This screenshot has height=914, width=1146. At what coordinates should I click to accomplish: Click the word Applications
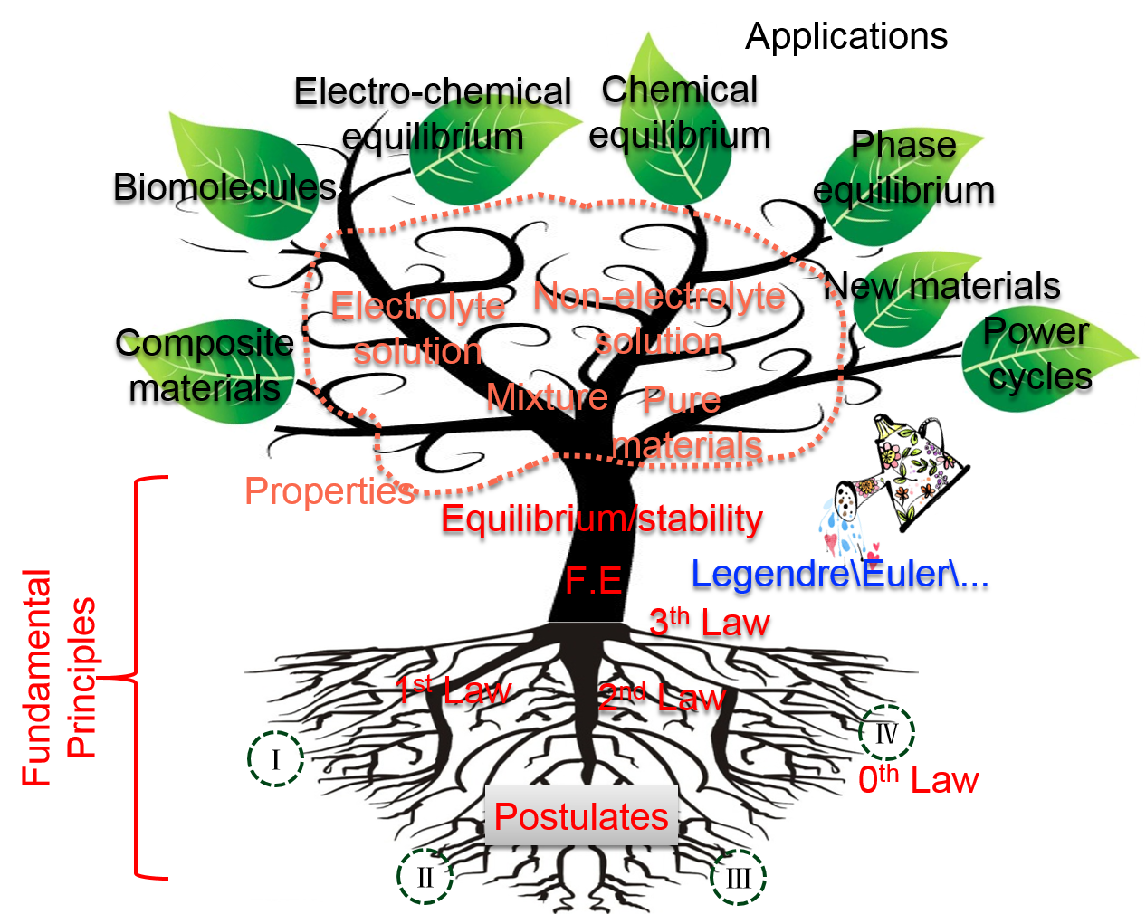click(x=846, y=37)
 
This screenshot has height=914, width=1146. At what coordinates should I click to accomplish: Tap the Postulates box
click(x=581, y=816)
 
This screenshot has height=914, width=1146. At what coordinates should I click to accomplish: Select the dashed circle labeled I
click(x=275, y=758)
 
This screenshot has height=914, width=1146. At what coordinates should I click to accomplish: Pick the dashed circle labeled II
click(x=425, y=876)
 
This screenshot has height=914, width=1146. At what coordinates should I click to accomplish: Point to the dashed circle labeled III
click(x=739, y=877)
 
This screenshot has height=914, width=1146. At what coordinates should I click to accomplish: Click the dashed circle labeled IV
click(x=886, y=732)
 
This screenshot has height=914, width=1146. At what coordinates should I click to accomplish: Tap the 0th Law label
click(x=918, y=779)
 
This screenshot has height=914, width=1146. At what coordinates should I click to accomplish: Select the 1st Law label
click(x=453, y=691)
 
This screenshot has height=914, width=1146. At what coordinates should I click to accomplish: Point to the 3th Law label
click(x=710, y=623)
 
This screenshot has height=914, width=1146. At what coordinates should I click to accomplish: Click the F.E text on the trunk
click(x=593, y=580)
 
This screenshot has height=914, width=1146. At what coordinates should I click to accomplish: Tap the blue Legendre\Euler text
click(x=839, y=574)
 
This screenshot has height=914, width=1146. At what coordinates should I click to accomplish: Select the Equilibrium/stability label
click(x=602, y=519)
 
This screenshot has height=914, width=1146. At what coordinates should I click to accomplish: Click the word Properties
click(x=329, y=491)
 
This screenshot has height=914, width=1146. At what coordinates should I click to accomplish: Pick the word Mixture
click(x=547, y=397)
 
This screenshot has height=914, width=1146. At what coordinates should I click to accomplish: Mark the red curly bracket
click(x=138, y=677)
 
